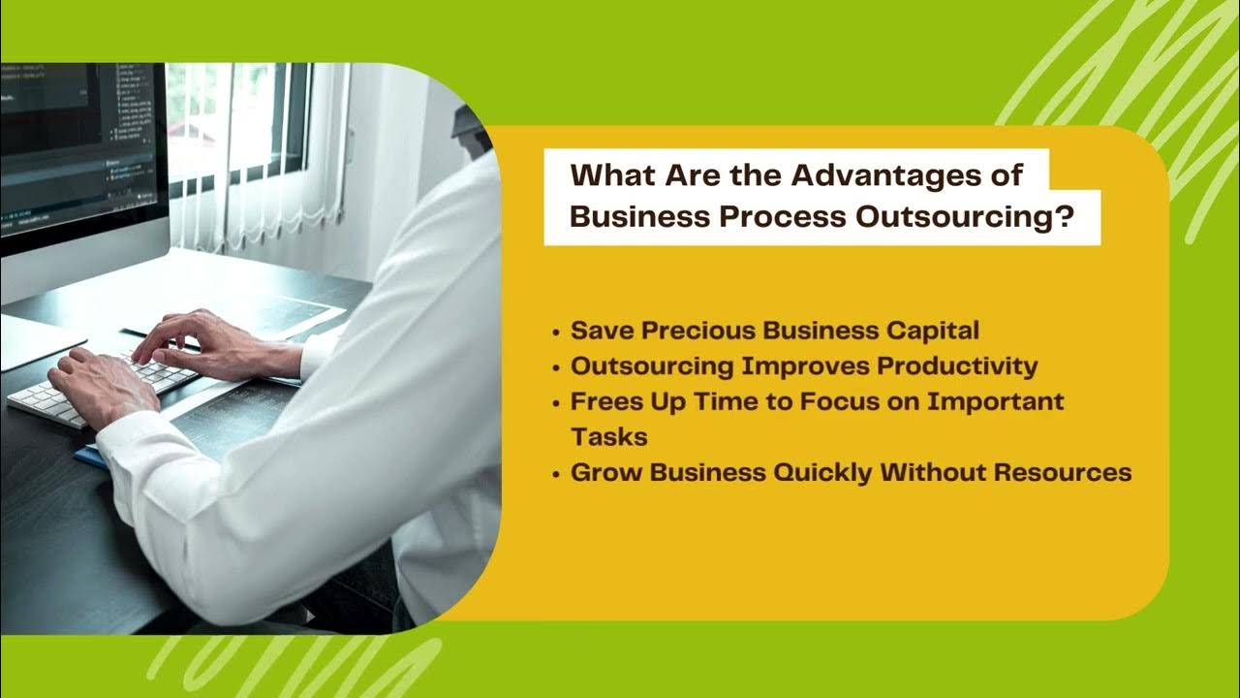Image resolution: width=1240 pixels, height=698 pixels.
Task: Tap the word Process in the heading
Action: tap(782, 216)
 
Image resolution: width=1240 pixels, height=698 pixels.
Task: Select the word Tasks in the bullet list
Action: tap(608, 437)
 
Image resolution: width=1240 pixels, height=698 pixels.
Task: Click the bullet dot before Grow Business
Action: tap(556, 475)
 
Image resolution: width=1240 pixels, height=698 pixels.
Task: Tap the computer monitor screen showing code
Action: tap(77, 145)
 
